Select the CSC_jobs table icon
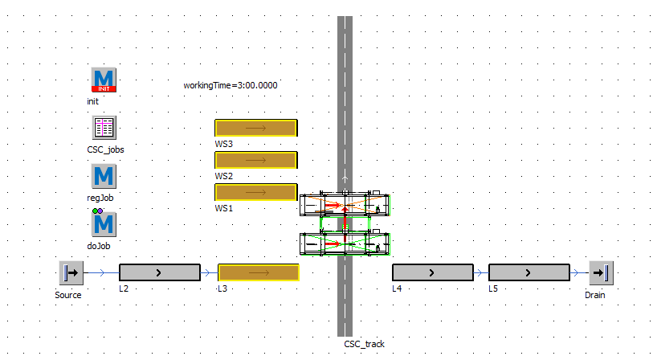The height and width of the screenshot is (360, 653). point(104,128)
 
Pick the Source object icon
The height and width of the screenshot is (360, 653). point(71,272)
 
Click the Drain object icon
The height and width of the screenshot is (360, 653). point(600,272)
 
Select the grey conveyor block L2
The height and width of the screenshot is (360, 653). point(159,272)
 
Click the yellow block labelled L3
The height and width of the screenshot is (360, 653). point(258,272)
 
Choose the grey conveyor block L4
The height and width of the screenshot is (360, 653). point(432,272)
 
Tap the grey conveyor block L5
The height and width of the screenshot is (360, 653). point(529,272)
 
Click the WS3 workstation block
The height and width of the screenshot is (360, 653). point(256,128)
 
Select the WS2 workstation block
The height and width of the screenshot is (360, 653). point(256,160)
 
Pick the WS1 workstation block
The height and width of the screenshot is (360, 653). point(256,192)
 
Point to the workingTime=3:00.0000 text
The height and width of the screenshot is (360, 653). point(231,84)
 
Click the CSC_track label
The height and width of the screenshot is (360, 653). point(364,344)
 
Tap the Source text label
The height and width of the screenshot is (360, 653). point(68,295)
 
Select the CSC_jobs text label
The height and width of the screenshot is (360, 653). point(105,149)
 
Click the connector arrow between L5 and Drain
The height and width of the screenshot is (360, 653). point(578,272)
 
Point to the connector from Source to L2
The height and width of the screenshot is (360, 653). point(100,272)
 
